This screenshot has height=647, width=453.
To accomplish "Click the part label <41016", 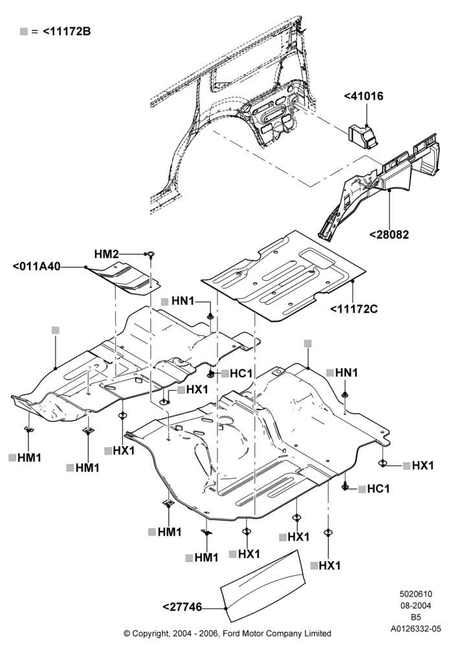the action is click(x=364, y=96).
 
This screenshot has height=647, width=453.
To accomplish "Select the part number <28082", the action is click(x=389, y=234).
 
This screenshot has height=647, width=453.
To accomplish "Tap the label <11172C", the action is click(x=354, y=309).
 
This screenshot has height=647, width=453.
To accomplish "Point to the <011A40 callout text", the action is click(x=36, y=267).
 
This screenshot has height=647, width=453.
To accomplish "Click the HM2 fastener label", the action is click(x=106, y=254).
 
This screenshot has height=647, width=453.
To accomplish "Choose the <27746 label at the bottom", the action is click(x=182, y=607).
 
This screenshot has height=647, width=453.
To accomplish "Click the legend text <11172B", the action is click(x=67, y=31).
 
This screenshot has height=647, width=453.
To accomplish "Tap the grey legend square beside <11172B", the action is click(x=24, y=31).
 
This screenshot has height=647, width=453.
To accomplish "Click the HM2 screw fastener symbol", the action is click(x=151, y=254).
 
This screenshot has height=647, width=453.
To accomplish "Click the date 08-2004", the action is click(x=415, y=606).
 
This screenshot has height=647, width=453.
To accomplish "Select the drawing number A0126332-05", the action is click(x=416, y=629).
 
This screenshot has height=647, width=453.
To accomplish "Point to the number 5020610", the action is click(x=415, y=594).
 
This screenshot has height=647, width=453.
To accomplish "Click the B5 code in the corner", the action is click(x=415, y=617).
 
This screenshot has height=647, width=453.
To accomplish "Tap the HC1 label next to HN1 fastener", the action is click(x=241, y=373).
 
